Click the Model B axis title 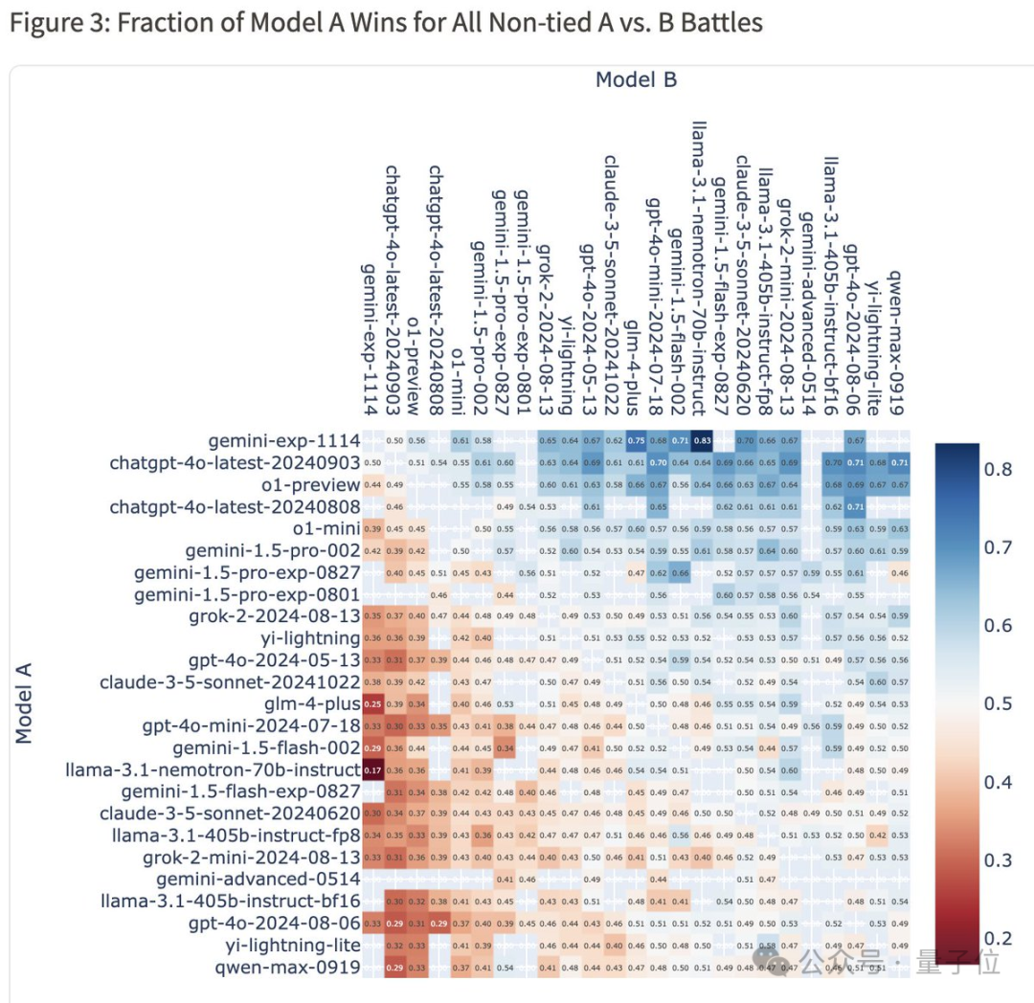[x=636, y=79]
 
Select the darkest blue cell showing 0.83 [x=703, y=440]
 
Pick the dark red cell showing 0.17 [x=372, y=769]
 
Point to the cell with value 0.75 [x=636, y=440]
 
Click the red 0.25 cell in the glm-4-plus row [x=372, y=703]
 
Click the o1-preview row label [x=304, y=485]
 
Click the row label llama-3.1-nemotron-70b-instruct [x=214, y=769]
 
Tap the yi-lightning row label [x=303, y=637]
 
